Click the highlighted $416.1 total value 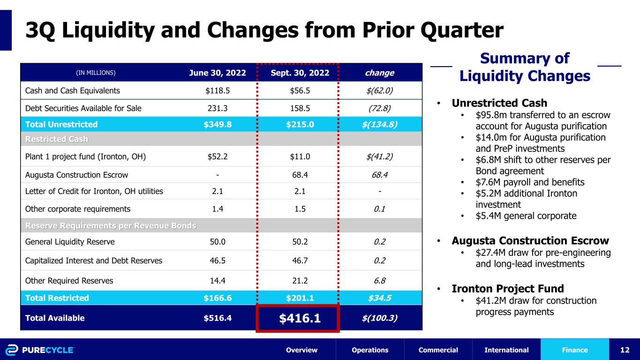(300, 318)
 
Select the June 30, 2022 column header (218, 73)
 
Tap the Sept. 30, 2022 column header (300, 73)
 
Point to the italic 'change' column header (379, 73)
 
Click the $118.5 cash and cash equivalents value (218, 90)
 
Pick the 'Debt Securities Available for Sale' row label (83, 108)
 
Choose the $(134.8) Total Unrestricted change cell (379, 125)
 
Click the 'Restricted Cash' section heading (57, 139)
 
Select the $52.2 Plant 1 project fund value (218, 157)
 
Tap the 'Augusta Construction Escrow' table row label (76, 175)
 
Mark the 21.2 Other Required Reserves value (300, 281)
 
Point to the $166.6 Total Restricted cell (218, 298)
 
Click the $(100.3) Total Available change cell (379, 318)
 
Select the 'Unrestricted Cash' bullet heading (499, 103)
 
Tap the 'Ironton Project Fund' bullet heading (508, 289)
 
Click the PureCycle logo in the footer (40, 350)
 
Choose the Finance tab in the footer (574, 350)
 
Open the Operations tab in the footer (370, 350)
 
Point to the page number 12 (625, 350)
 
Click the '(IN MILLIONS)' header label (96, 73)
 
